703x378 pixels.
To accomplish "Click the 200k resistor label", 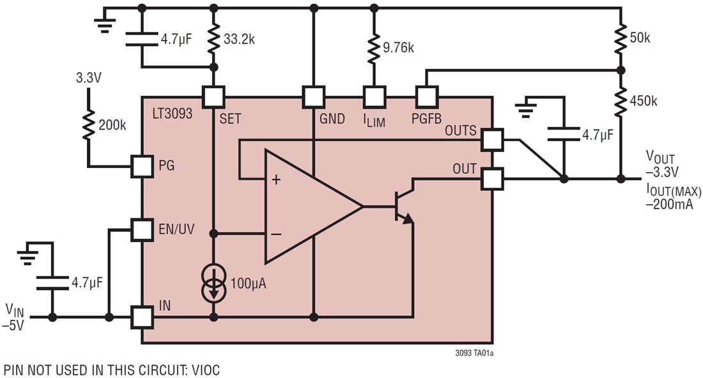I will [x=112, y=125].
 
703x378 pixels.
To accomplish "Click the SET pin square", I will [x=213, y=97].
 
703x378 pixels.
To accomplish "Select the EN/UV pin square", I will [x=141, y=230].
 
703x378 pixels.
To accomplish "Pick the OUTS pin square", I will [x=492, y=139].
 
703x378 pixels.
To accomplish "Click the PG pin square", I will [x=141, y=166].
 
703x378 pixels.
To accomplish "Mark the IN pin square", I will [x=141, y=316].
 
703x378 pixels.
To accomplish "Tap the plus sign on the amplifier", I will [x=276, y=180].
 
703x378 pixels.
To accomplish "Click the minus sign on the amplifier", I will [x=276, y=234].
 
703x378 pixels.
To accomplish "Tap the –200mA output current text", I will [x=670, y=204].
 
